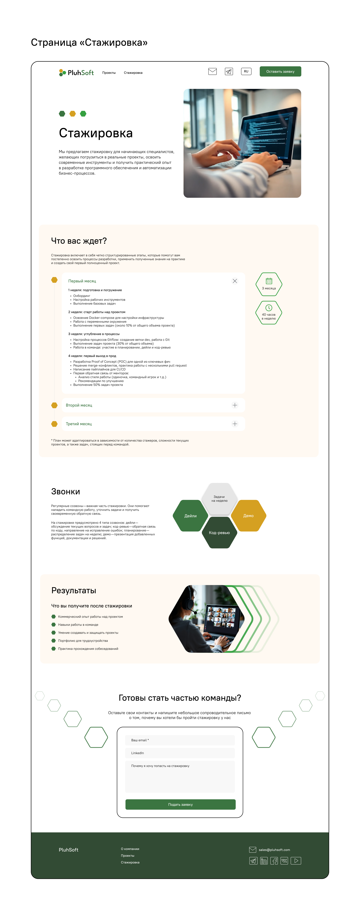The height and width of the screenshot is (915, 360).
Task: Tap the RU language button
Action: coord(246,71)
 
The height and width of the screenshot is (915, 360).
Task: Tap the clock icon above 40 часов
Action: coord(269,308)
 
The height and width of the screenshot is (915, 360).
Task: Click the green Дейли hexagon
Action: coord(190,516)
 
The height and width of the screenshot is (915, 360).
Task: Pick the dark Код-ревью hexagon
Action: coord(219,532)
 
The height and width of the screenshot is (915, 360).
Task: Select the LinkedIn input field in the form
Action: coord(180,753)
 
